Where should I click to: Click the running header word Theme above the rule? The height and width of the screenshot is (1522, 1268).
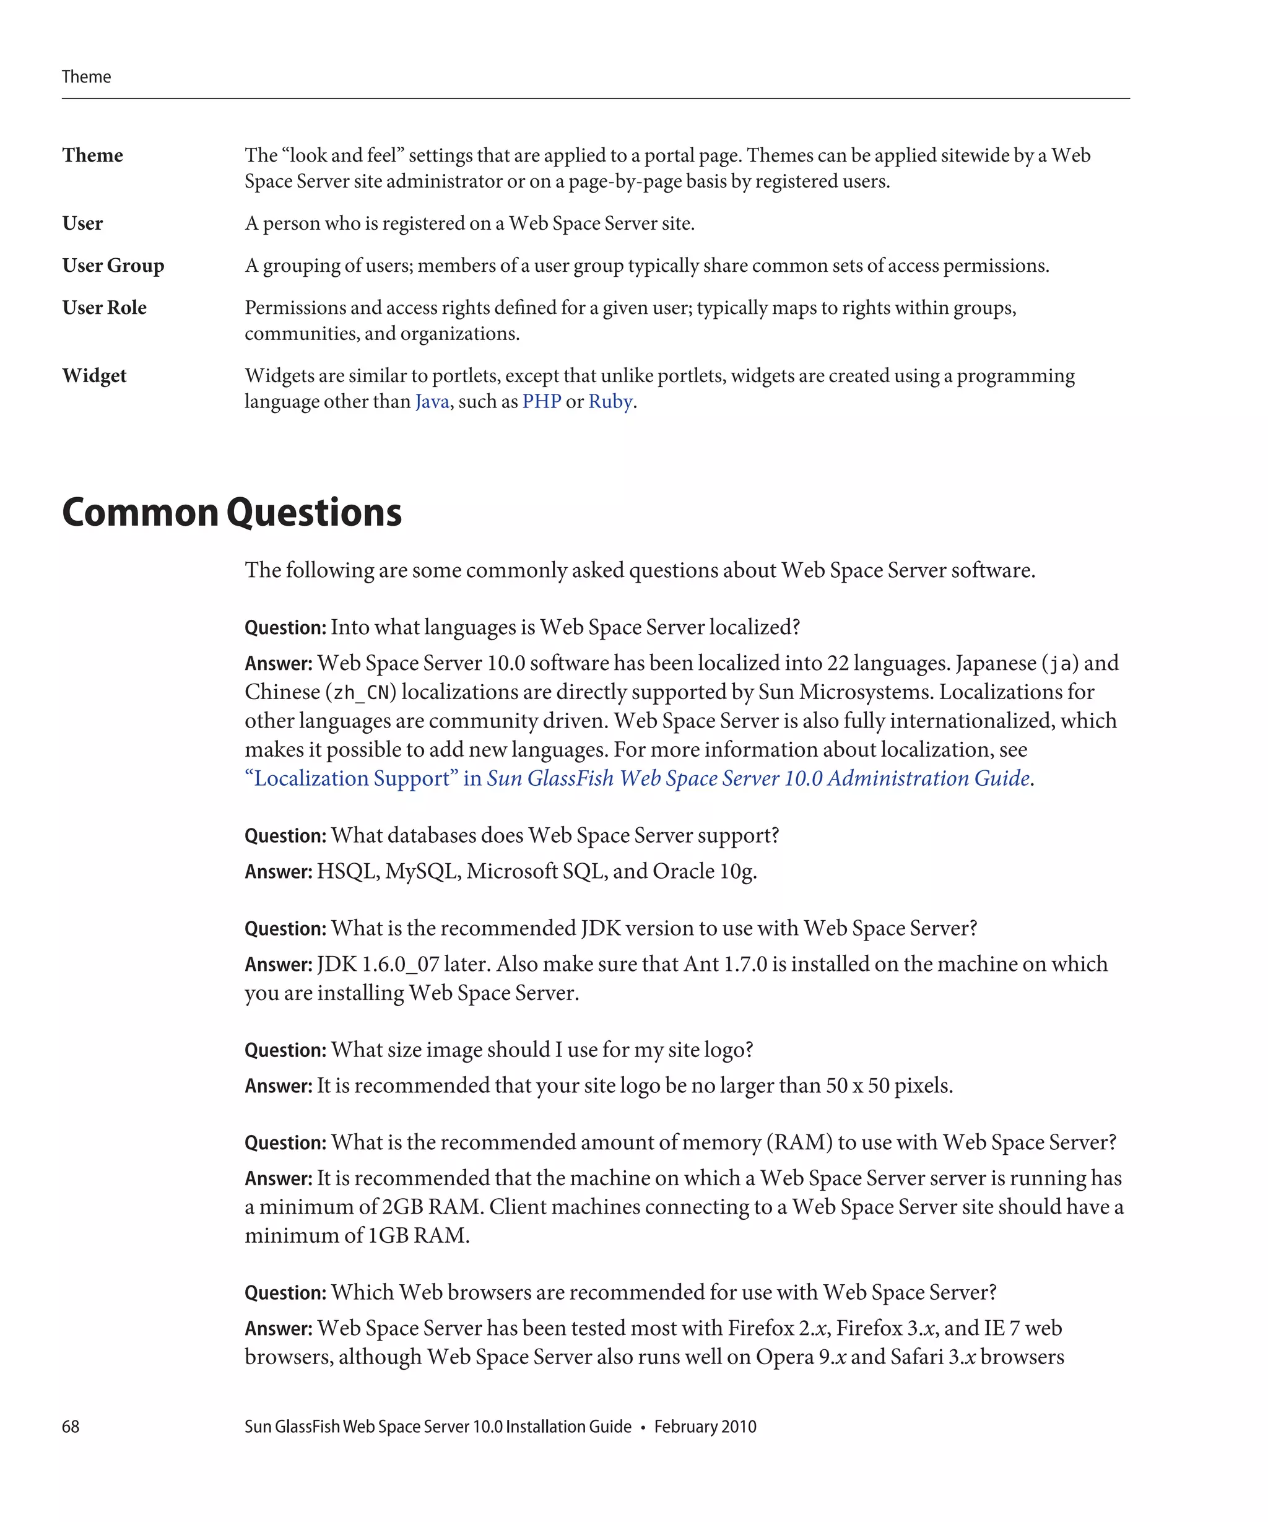pos(86,77)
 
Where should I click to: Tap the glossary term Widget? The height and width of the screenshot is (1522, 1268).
pos(94,375)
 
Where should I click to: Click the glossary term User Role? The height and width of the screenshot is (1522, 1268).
pos(105,307)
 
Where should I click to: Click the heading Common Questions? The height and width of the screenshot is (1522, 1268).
pos(232,513)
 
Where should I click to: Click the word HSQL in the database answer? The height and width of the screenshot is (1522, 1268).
pos(348,871)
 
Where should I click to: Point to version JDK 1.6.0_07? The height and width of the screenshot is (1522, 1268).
pos(378,964)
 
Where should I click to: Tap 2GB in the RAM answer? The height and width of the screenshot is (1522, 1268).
pos(402,1207)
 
